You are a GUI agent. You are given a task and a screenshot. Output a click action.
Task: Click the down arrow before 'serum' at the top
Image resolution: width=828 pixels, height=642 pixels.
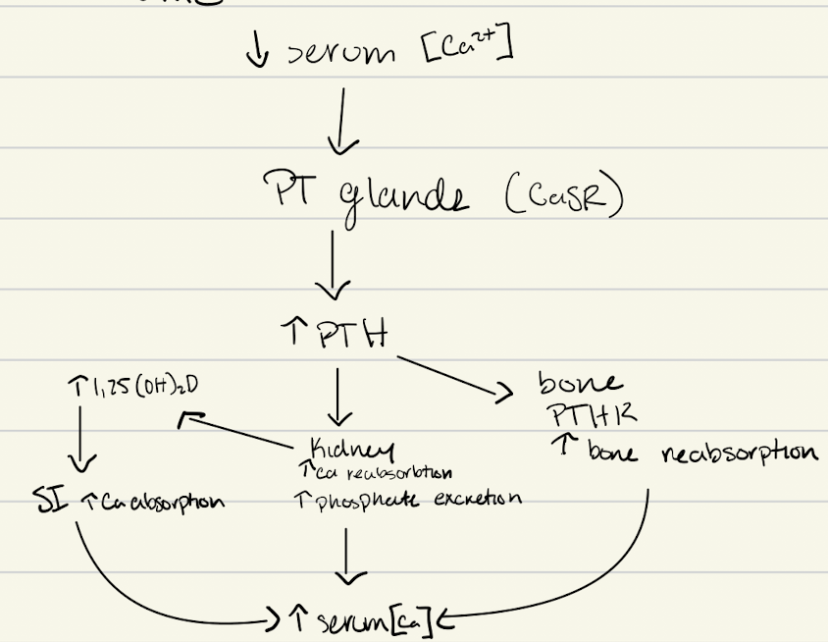(258, 50)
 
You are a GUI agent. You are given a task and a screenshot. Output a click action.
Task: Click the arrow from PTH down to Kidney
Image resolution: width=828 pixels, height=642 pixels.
(337, 398)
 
